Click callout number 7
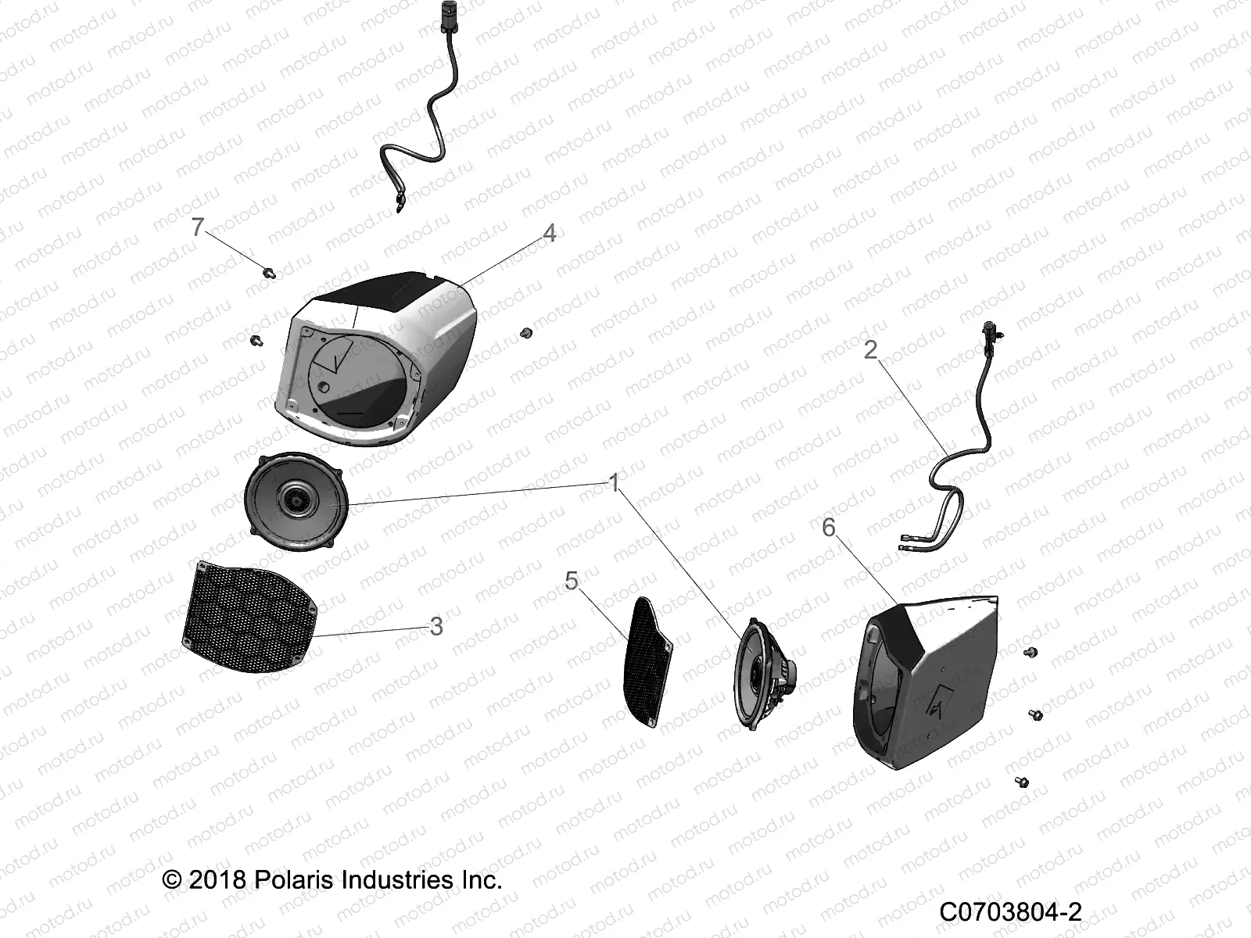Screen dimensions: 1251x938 [198, 227]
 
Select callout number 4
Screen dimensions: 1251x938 [550, 233]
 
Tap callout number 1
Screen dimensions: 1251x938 [614, 483]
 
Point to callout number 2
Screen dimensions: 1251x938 [870, 349]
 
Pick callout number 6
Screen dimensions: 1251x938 [829, 528]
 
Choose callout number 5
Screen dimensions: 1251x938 [572, 580]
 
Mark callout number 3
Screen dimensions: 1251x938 [436, 626]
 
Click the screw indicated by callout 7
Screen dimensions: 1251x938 [269, 272]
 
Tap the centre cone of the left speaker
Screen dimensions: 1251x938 [296, 500]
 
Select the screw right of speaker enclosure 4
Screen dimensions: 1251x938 [526, 333]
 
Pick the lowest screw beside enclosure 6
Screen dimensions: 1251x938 [1022, 782]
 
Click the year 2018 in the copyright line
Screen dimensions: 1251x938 [217, 880]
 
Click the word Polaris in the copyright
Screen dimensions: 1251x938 [293, 880]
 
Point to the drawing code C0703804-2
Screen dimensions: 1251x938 [1010, 911]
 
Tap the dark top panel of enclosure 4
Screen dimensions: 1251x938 [382, 292]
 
